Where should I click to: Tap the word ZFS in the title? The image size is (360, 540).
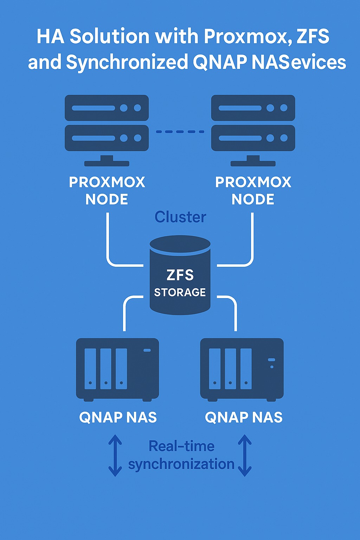313,37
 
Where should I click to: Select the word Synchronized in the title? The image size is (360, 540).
127,62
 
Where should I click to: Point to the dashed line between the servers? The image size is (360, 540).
180,132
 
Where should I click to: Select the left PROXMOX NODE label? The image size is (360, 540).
107,191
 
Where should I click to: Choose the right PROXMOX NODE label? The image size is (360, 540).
253,191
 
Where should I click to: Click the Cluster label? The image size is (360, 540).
180,217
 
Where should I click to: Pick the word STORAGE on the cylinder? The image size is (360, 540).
180,292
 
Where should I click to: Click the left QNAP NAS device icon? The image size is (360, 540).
117,369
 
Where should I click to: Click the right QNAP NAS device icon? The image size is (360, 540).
242,369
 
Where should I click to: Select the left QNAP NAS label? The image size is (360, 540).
118,417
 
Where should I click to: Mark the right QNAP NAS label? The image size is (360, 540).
244,417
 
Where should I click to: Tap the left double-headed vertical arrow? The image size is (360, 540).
115,456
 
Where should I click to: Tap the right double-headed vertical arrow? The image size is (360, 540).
245,456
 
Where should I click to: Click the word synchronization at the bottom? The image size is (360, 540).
181,464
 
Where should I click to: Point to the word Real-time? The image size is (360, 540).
181,446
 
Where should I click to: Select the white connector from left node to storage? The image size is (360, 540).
108,246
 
